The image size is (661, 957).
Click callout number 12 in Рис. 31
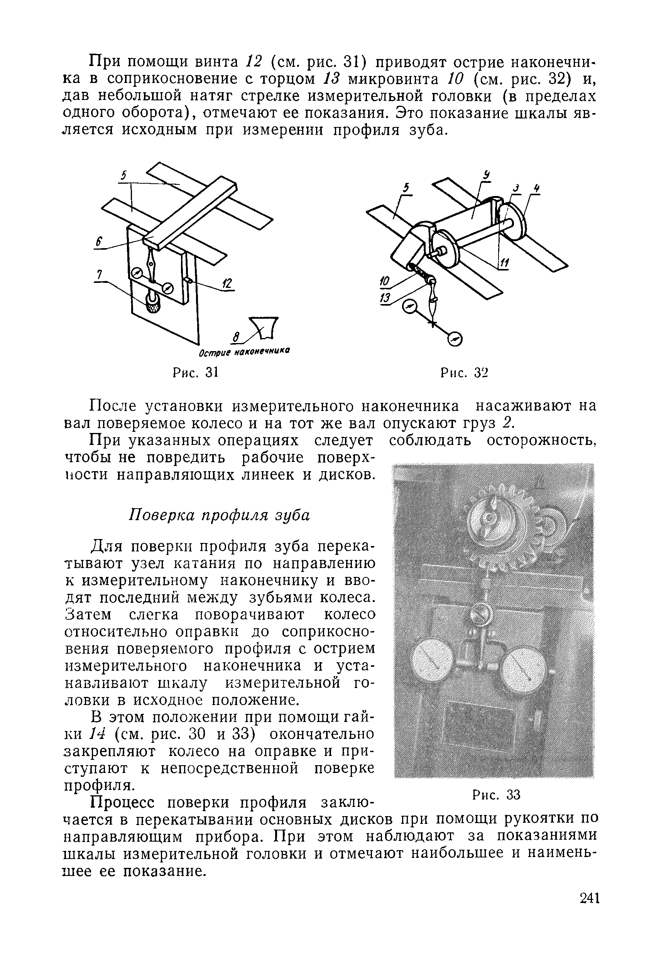click(227, 284)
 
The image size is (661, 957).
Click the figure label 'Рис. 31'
click(195, 372)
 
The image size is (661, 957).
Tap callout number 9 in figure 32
click(487, 176)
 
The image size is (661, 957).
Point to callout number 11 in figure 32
click(504, 262)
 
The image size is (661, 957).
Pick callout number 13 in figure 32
click(385, 298)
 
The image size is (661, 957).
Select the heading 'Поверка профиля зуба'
click(220, 515)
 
